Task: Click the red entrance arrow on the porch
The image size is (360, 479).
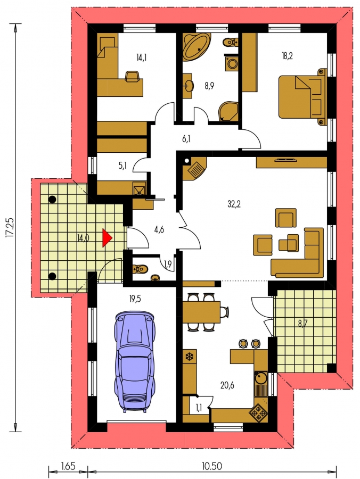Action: coord(107,238)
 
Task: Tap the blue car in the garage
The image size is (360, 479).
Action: coord(135,362)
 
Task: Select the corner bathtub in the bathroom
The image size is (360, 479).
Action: coord(197,47)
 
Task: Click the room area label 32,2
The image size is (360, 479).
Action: coord(234,204)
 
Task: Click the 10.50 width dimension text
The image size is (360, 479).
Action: coord(212,466)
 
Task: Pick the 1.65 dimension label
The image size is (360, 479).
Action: coord(68,466)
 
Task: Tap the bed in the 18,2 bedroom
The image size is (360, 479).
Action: coord(302,97)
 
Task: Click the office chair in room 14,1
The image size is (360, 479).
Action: coord(134,76)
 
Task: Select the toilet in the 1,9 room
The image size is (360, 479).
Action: coord(141,269)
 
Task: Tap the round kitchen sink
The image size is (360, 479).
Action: coord(260,378)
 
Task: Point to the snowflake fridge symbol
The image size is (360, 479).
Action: coord(190,357)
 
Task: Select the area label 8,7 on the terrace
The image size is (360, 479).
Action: coord(302,324)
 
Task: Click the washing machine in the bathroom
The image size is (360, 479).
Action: coord(232,63)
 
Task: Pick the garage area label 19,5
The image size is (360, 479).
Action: coord(135,299)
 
